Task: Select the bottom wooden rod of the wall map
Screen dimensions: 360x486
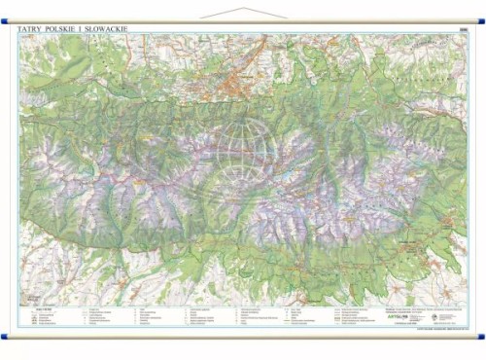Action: pos(243,337)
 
